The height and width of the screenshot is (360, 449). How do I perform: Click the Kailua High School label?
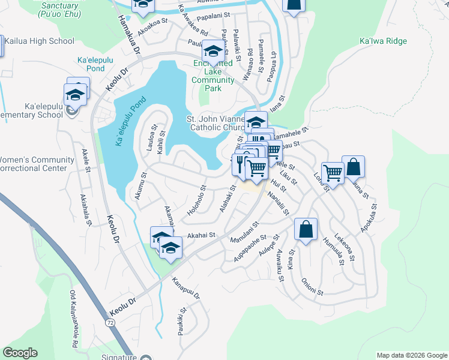(41, 41)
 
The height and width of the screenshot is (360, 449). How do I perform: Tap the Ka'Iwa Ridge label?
(382, 41)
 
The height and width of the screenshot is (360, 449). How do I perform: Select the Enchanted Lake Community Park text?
(213, 76)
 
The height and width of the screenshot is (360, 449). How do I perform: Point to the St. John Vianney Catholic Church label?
(216, 122)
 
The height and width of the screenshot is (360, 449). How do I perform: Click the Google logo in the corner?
(20, 353)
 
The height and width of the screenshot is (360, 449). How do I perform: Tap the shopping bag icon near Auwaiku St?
(306, 229)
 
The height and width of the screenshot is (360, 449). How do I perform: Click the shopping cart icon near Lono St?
(332, 173)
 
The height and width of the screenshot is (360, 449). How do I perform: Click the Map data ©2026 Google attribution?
(411, 355)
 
